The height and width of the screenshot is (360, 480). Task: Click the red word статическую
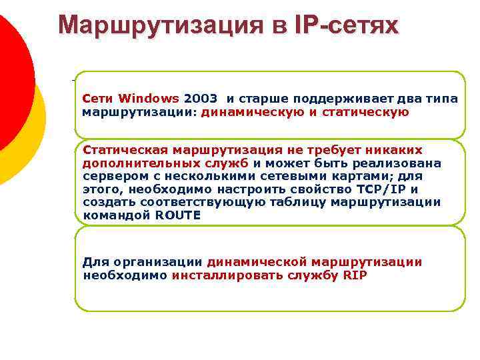click(x=365, y=112)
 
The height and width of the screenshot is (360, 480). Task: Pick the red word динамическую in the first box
click(x=252, y=112)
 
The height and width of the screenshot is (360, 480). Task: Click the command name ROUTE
click(x=177, y=215)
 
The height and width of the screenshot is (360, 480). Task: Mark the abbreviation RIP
click(x=355, y=275)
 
